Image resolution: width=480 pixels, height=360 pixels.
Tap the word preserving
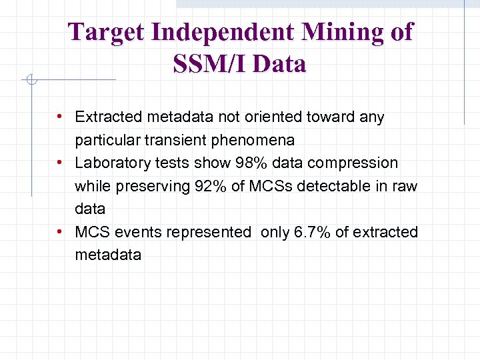(x=150, y=186)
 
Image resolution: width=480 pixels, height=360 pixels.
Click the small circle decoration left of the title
(x=30, y=81)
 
